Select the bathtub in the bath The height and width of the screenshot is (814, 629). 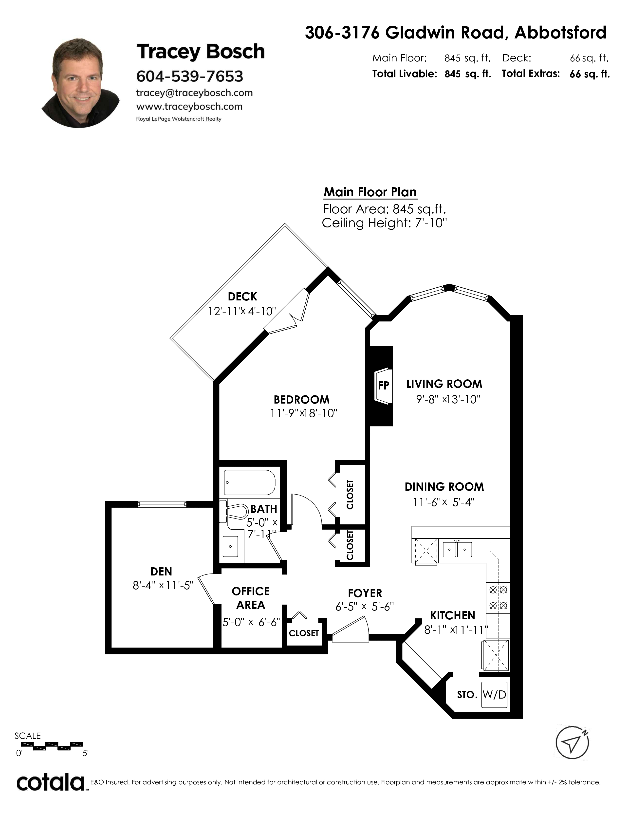[249, 482]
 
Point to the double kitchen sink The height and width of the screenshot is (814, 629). [457, 549]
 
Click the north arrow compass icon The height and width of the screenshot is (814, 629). [572, 743]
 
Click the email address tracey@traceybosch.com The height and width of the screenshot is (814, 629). [195, 93]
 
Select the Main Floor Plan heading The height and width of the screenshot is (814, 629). [370, 192]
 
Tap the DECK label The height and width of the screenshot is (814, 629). [242, 297]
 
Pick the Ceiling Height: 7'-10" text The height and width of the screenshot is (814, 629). [384, 223]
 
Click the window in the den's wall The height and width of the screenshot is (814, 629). [162, 504]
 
